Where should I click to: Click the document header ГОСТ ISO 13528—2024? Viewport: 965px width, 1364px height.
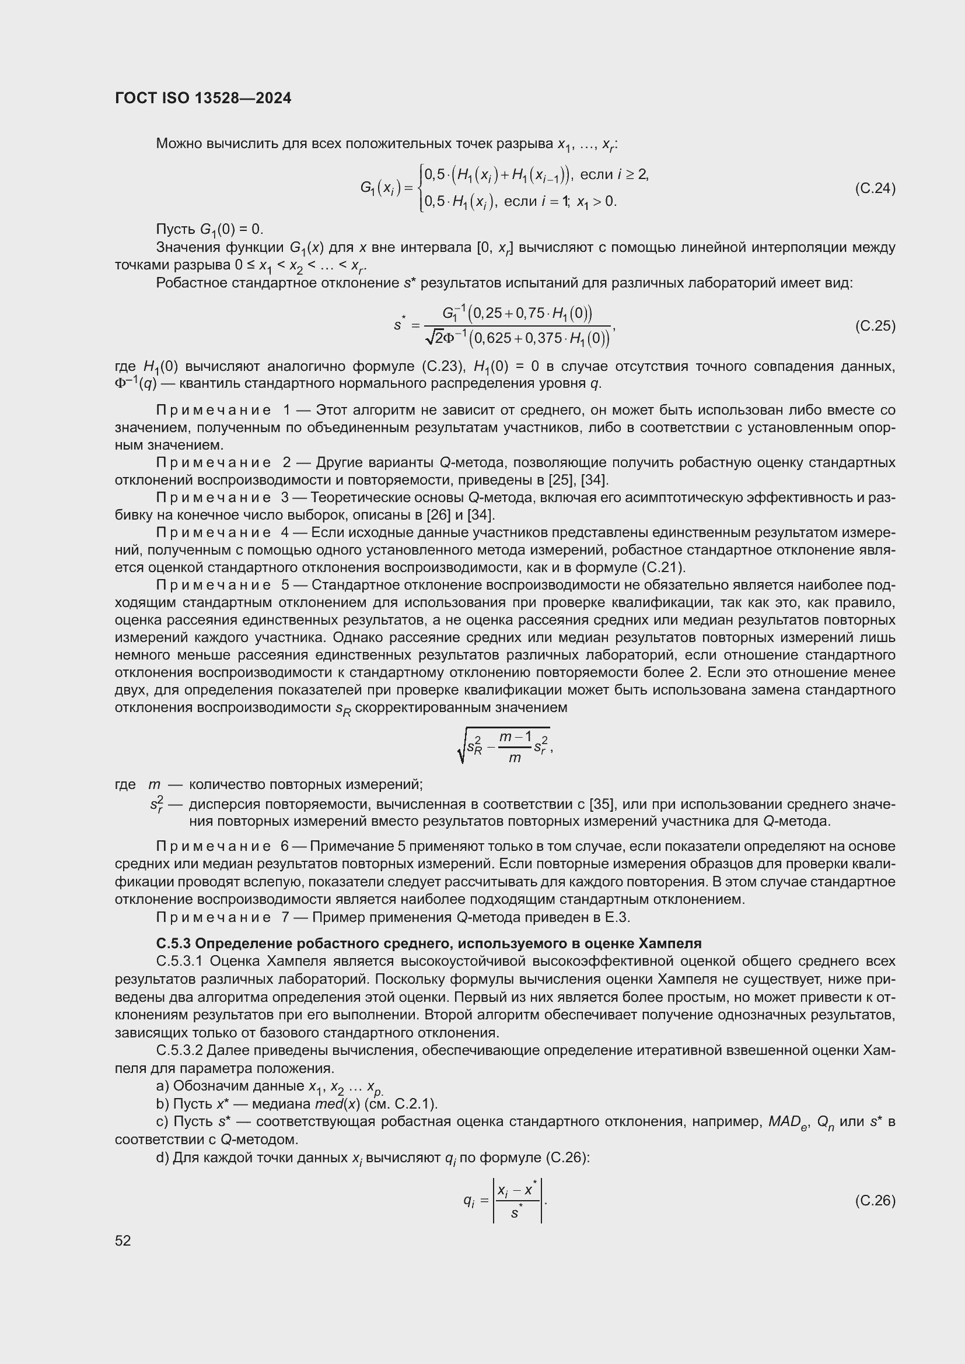[x=202, y=98]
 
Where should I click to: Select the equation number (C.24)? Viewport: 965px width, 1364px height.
[x=875, y=188]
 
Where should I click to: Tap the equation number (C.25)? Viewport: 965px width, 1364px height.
[x=875, y=326]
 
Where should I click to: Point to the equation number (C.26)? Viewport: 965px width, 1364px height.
[x=875, y=1201]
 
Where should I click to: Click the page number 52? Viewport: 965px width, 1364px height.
[x=123, y=1240]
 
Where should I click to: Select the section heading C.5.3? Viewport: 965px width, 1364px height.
[x=174, y=944]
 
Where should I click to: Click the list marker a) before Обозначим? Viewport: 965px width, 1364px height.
[x=162, y=1086]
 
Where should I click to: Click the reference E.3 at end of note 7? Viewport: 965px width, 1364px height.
[x=617, y=917]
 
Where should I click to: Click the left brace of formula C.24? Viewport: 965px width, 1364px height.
[x=421, y=188]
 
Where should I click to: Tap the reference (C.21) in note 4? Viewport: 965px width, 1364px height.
[x=662, y=567]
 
